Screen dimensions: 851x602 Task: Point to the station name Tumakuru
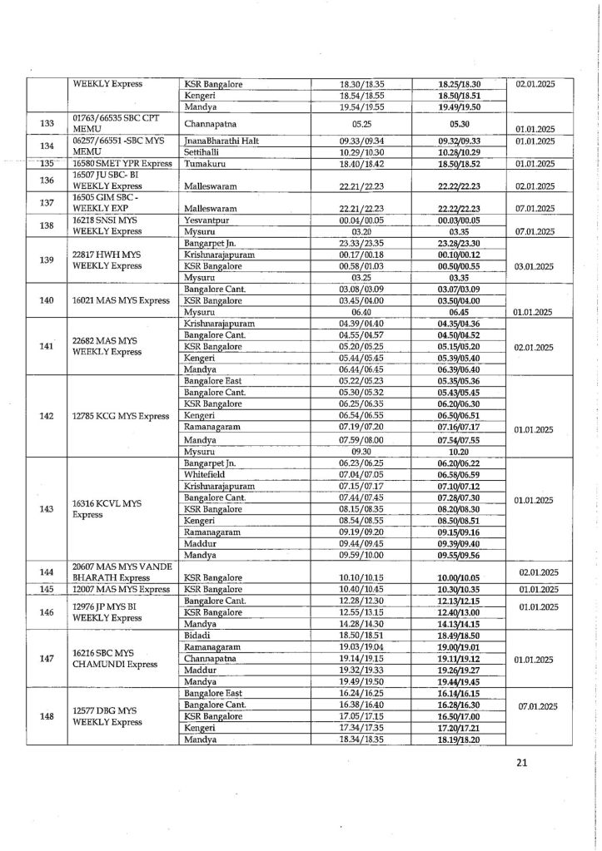tap(203, 164)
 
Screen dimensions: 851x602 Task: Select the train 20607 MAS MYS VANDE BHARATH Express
tap(122, 573)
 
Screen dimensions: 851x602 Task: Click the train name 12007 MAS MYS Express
tap(122, 589)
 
